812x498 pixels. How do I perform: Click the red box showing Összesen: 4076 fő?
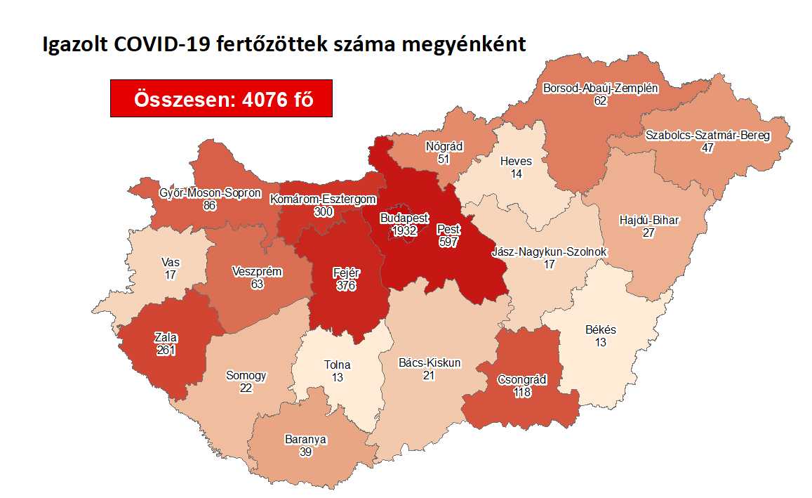pos(221,98)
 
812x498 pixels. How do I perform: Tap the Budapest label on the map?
pos(404,218)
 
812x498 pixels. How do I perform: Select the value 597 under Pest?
pos(448,241)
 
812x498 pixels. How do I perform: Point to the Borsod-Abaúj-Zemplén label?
pos(600,89)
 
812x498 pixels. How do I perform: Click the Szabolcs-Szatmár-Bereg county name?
pos(707,136)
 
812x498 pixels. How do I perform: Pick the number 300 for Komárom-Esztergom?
pos(324,211)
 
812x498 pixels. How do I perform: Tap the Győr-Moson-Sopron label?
pos(210,192)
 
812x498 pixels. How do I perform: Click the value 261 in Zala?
pos(166,350)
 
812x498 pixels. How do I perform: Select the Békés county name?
pos(601,329)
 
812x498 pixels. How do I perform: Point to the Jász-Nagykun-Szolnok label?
pos(550,252)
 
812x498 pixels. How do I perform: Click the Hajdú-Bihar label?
pos(648,221)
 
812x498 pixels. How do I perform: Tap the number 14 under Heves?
pos(517,173)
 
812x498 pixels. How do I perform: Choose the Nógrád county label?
pos(444,147)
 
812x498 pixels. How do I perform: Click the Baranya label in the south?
pos(305,440)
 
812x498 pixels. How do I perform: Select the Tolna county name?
pos(337,365)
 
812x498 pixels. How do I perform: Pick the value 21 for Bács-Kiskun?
pos(429,376)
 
